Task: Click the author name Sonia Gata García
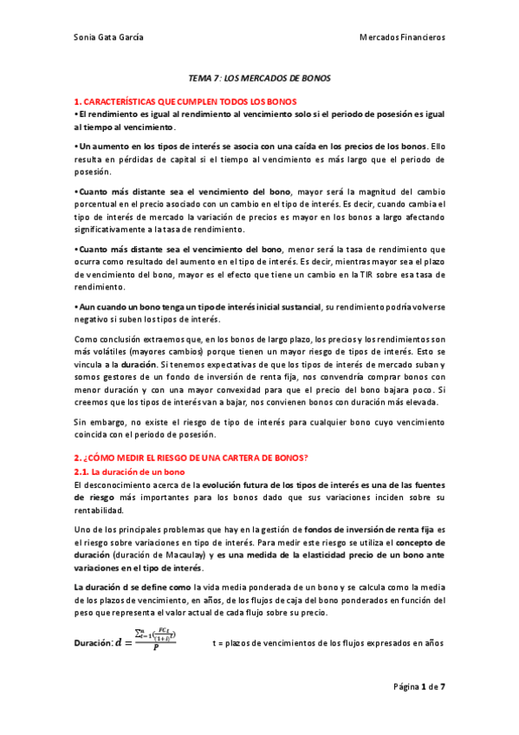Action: coord(108,37)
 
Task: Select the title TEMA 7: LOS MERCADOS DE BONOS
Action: coord(259,78)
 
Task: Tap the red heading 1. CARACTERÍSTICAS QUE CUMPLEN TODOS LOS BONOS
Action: coord(185,101)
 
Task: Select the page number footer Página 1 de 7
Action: coord(418,686)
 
